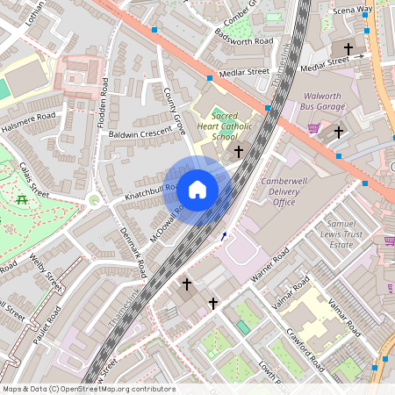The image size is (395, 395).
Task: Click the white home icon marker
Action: coord(197,190)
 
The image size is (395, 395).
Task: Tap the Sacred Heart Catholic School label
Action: coord(212,126)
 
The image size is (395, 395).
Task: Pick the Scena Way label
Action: coord(353,10)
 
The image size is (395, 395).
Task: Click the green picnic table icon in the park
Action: coord(23,200)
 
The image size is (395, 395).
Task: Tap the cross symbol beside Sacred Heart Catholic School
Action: coord(237,152)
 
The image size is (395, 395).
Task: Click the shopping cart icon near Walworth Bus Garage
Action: coord(313,128)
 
